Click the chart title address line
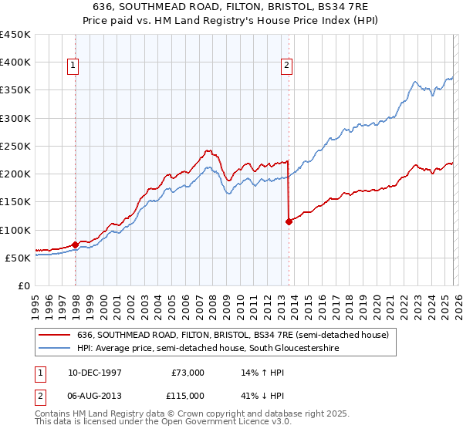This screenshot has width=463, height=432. pos(231,5)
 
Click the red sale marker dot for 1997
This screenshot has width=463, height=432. pos(75,245)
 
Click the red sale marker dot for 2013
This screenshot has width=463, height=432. pos(289,221)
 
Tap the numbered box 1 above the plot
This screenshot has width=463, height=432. pos(74,66)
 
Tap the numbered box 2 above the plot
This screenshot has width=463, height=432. pos(286,66)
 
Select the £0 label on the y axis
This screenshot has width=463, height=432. pos(23,285)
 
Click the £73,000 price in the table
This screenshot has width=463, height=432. pos(188,372)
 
